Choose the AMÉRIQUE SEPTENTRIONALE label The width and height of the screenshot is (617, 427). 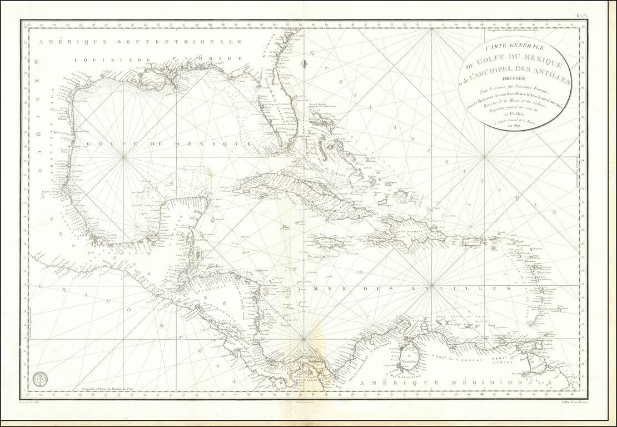(x=139, y=42)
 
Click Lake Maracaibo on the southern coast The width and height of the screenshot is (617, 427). (x=410, y=360)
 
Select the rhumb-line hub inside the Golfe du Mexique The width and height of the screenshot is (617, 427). (x=123, y=157)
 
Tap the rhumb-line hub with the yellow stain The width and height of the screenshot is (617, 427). (x=304, y=338)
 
